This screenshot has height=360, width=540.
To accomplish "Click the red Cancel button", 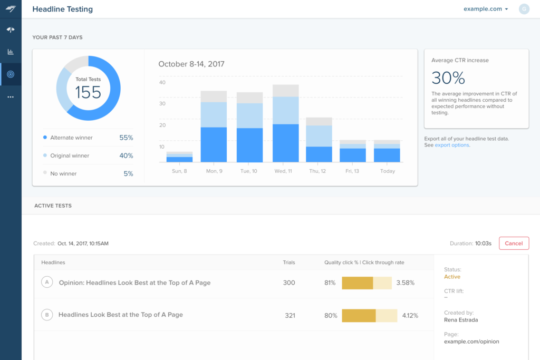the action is pos(514,244).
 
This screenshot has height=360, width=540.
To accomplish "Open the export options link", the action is pos(452,145).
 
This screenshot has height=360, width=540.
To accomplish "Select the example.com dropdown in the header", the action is pos(486,9).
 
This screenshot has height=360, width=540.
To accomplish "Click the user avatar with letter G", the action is pos(524,9).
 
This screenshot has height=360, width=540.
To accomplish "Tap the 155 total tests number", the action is pos(88,92).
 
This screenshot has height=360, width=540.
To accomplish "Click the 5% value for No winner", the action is pos(128,174).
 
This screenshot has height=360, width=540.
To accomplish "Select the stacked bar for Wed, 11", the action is pos(285,123).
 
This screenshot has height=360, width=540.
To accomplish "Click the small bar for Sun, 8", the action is pos(179,157).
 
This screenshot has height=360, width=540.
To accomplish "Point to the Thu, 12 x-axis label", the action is pos(317,171).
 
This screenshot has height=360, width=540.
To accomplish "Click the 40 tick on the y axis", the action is pos(162,83).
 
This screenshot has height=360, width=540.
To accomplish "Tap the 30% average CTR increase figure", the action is pos(448,78).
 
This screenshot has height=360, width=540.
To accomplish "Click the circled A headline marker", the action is pos(47,282).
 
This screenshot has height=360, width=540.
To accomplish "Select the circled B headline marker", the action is pos(47,315).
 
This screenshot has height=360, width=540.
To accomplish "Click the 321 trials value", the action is pos(290,315).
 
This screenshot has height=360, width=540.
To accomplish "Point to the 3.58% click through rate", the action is pos(406,283).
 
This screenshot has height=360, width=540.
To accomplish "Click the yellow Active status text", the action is pos(452,277).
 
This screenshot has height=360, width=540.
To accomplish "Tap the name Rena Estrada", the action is pos(461,320).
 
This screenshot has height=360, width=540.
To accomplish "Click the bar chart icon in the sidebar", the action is pos(11,52).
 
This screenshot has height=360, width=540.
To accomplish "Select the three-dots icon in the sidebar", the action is pos(11,97).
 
